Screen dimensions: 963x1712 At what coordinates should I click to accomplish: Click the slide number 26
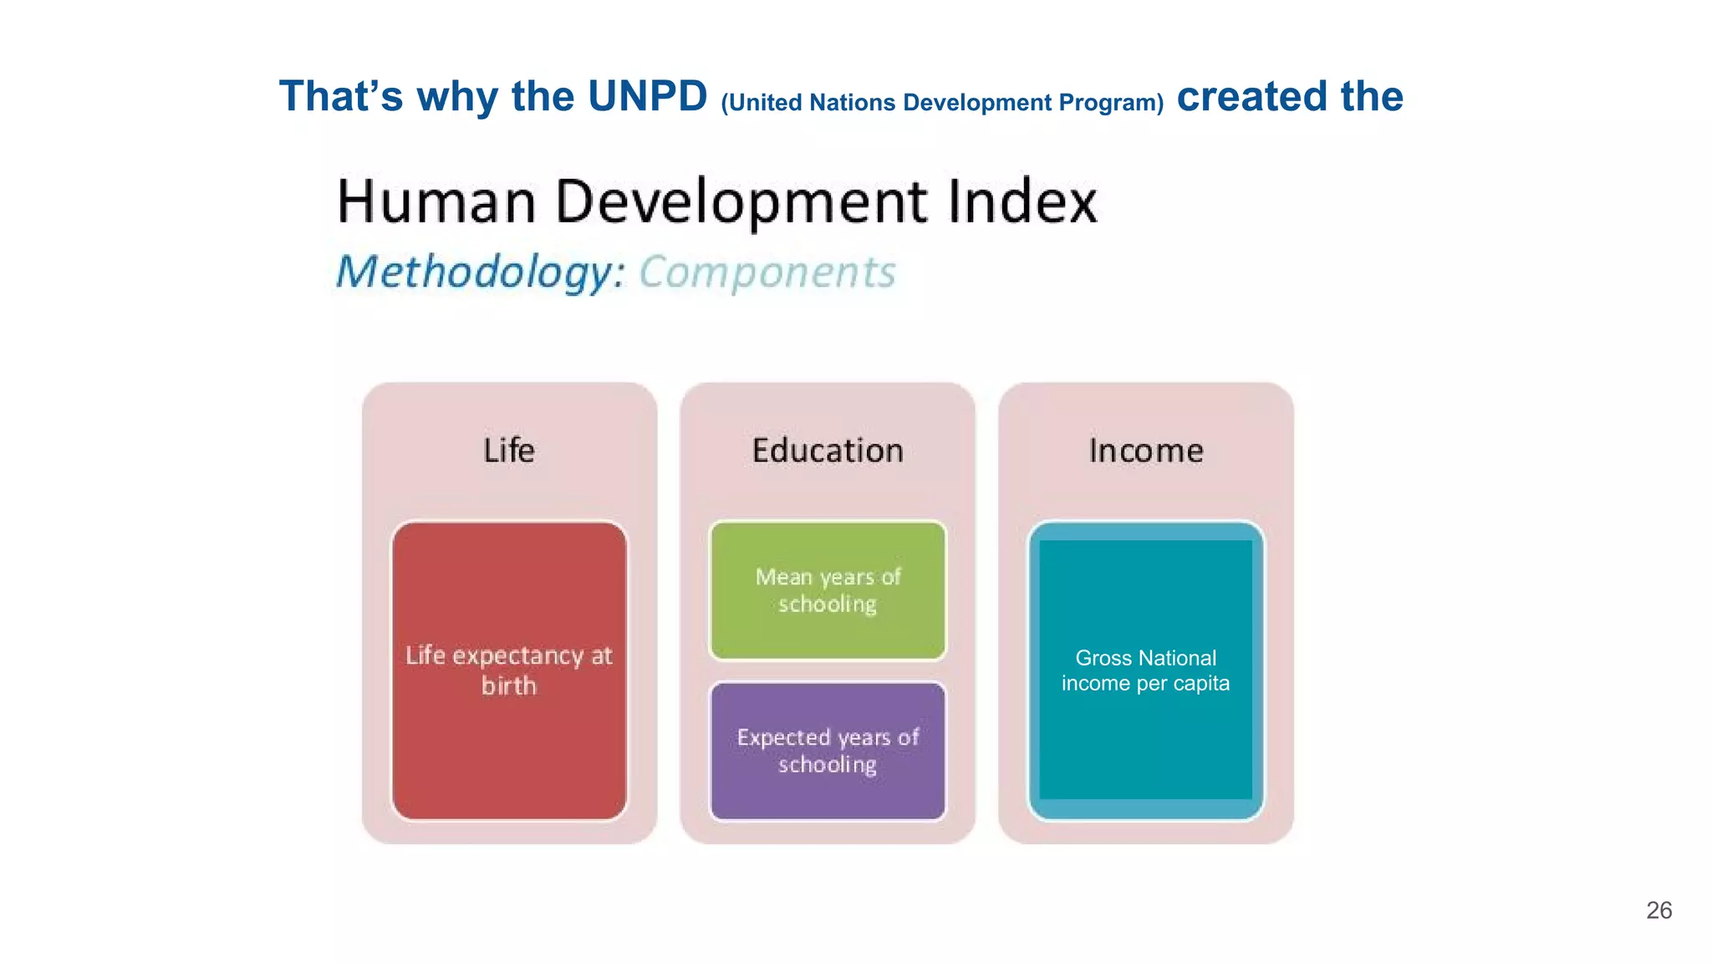click(x=1658, y=910)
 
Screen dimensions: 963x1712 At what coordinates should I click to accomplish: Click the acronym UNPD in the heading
click(x=647, y=96)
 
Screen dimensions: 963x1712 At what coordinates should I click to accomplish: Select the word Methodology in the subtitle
click(x=480, y=272)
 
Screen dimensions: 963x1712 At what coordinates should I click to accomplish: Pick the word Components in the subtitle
click(x=767, y=272)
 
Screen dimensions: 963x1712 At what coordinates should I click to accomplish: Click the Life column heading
click(x=509, y=451)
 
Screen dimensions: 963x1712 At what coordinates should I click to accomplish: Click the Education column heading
click(x=828, y=451)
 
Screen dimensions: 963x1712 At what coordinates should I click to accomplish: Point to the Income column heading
click(x=1146, y=451)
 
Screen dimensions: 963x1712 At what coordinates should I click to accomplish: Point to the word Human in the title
click(x=436, y=201)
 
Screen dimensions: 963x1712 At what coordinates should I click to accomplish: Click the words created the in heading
click(x=1290, y=96)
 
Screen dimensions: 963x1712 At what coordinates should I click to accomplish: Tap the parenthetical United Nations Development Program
click(x=942, y=102)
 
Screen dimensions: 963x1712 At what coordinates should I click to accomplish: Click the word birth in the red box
click(x=509, y=686)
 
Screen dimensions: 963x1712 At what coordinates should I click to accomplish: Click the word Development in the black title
click(x=741, y=201)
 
